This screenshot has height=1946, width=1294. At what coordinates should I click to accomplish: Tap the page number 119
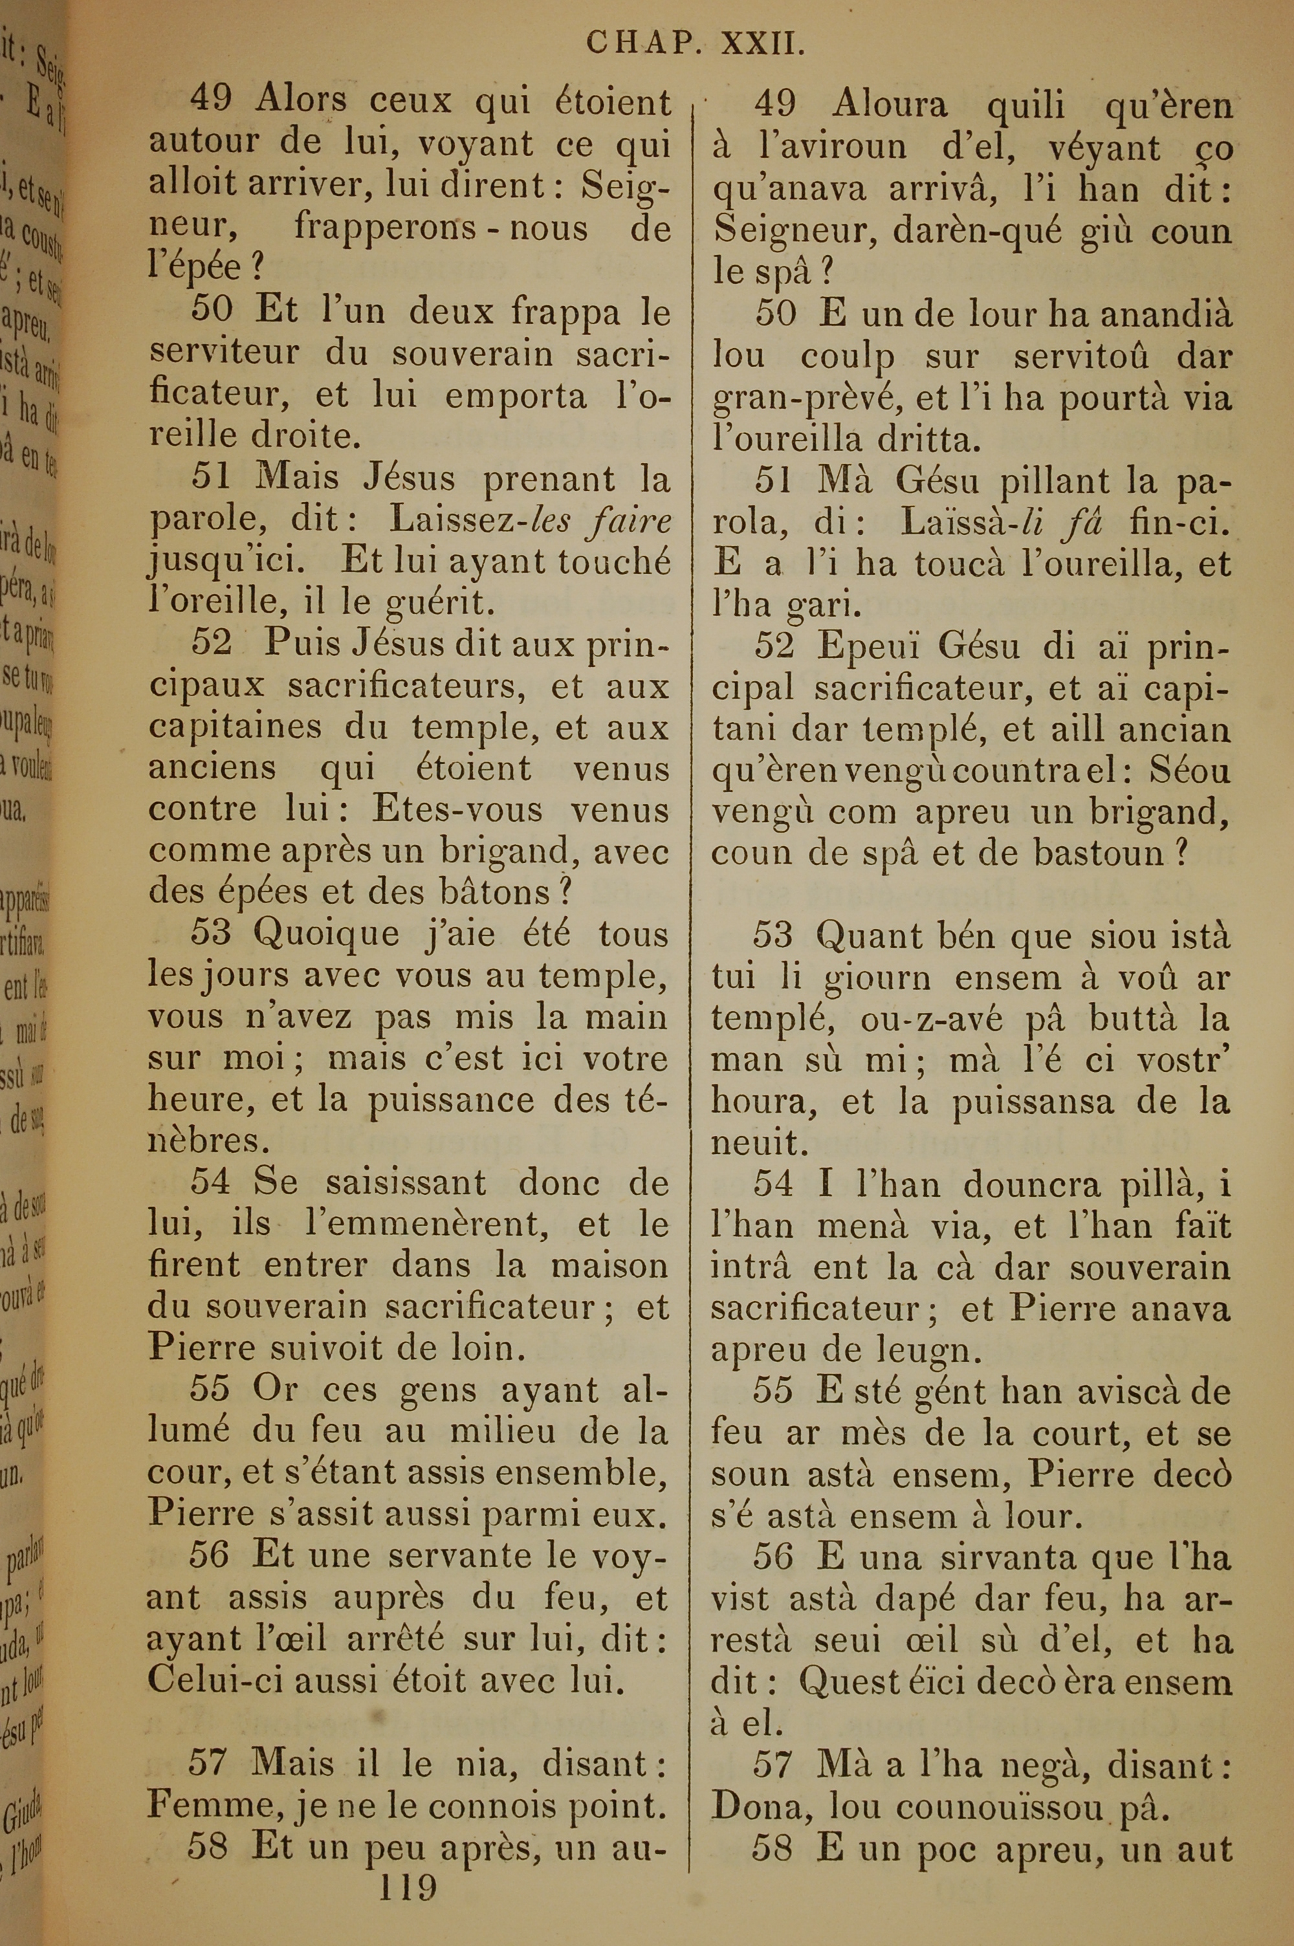(x=407, y=1886)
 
